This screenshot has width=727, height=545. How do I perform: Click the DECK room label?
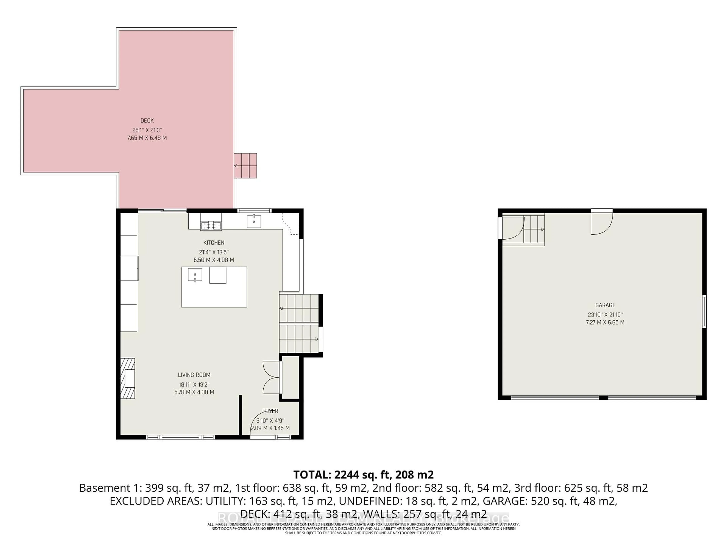tap(147, 121)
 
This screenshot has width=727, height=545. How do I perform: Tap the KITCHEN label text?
tap(214, 242)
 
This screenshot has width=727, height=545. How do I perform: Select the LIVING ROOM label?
tap(194, 375)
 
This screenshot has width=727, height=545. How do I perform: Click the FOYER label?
tap(270, 411)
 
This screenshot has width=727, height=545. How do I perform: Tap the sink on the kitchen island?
tap(195, 274)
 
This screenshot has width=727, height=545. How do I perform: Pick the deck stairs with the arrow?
tap(246, 166)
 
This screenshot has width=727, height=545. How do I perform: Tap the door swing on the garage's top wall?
tap(601, 223)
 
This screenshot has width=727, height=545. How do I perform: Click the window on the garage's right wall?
tap(704, 311)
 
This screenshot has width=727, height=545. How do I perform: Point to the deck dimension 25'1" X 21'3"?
tap(147, 130)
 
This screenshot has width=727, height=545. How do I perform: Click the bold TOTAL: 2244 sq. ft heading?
tap(363, 475)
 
